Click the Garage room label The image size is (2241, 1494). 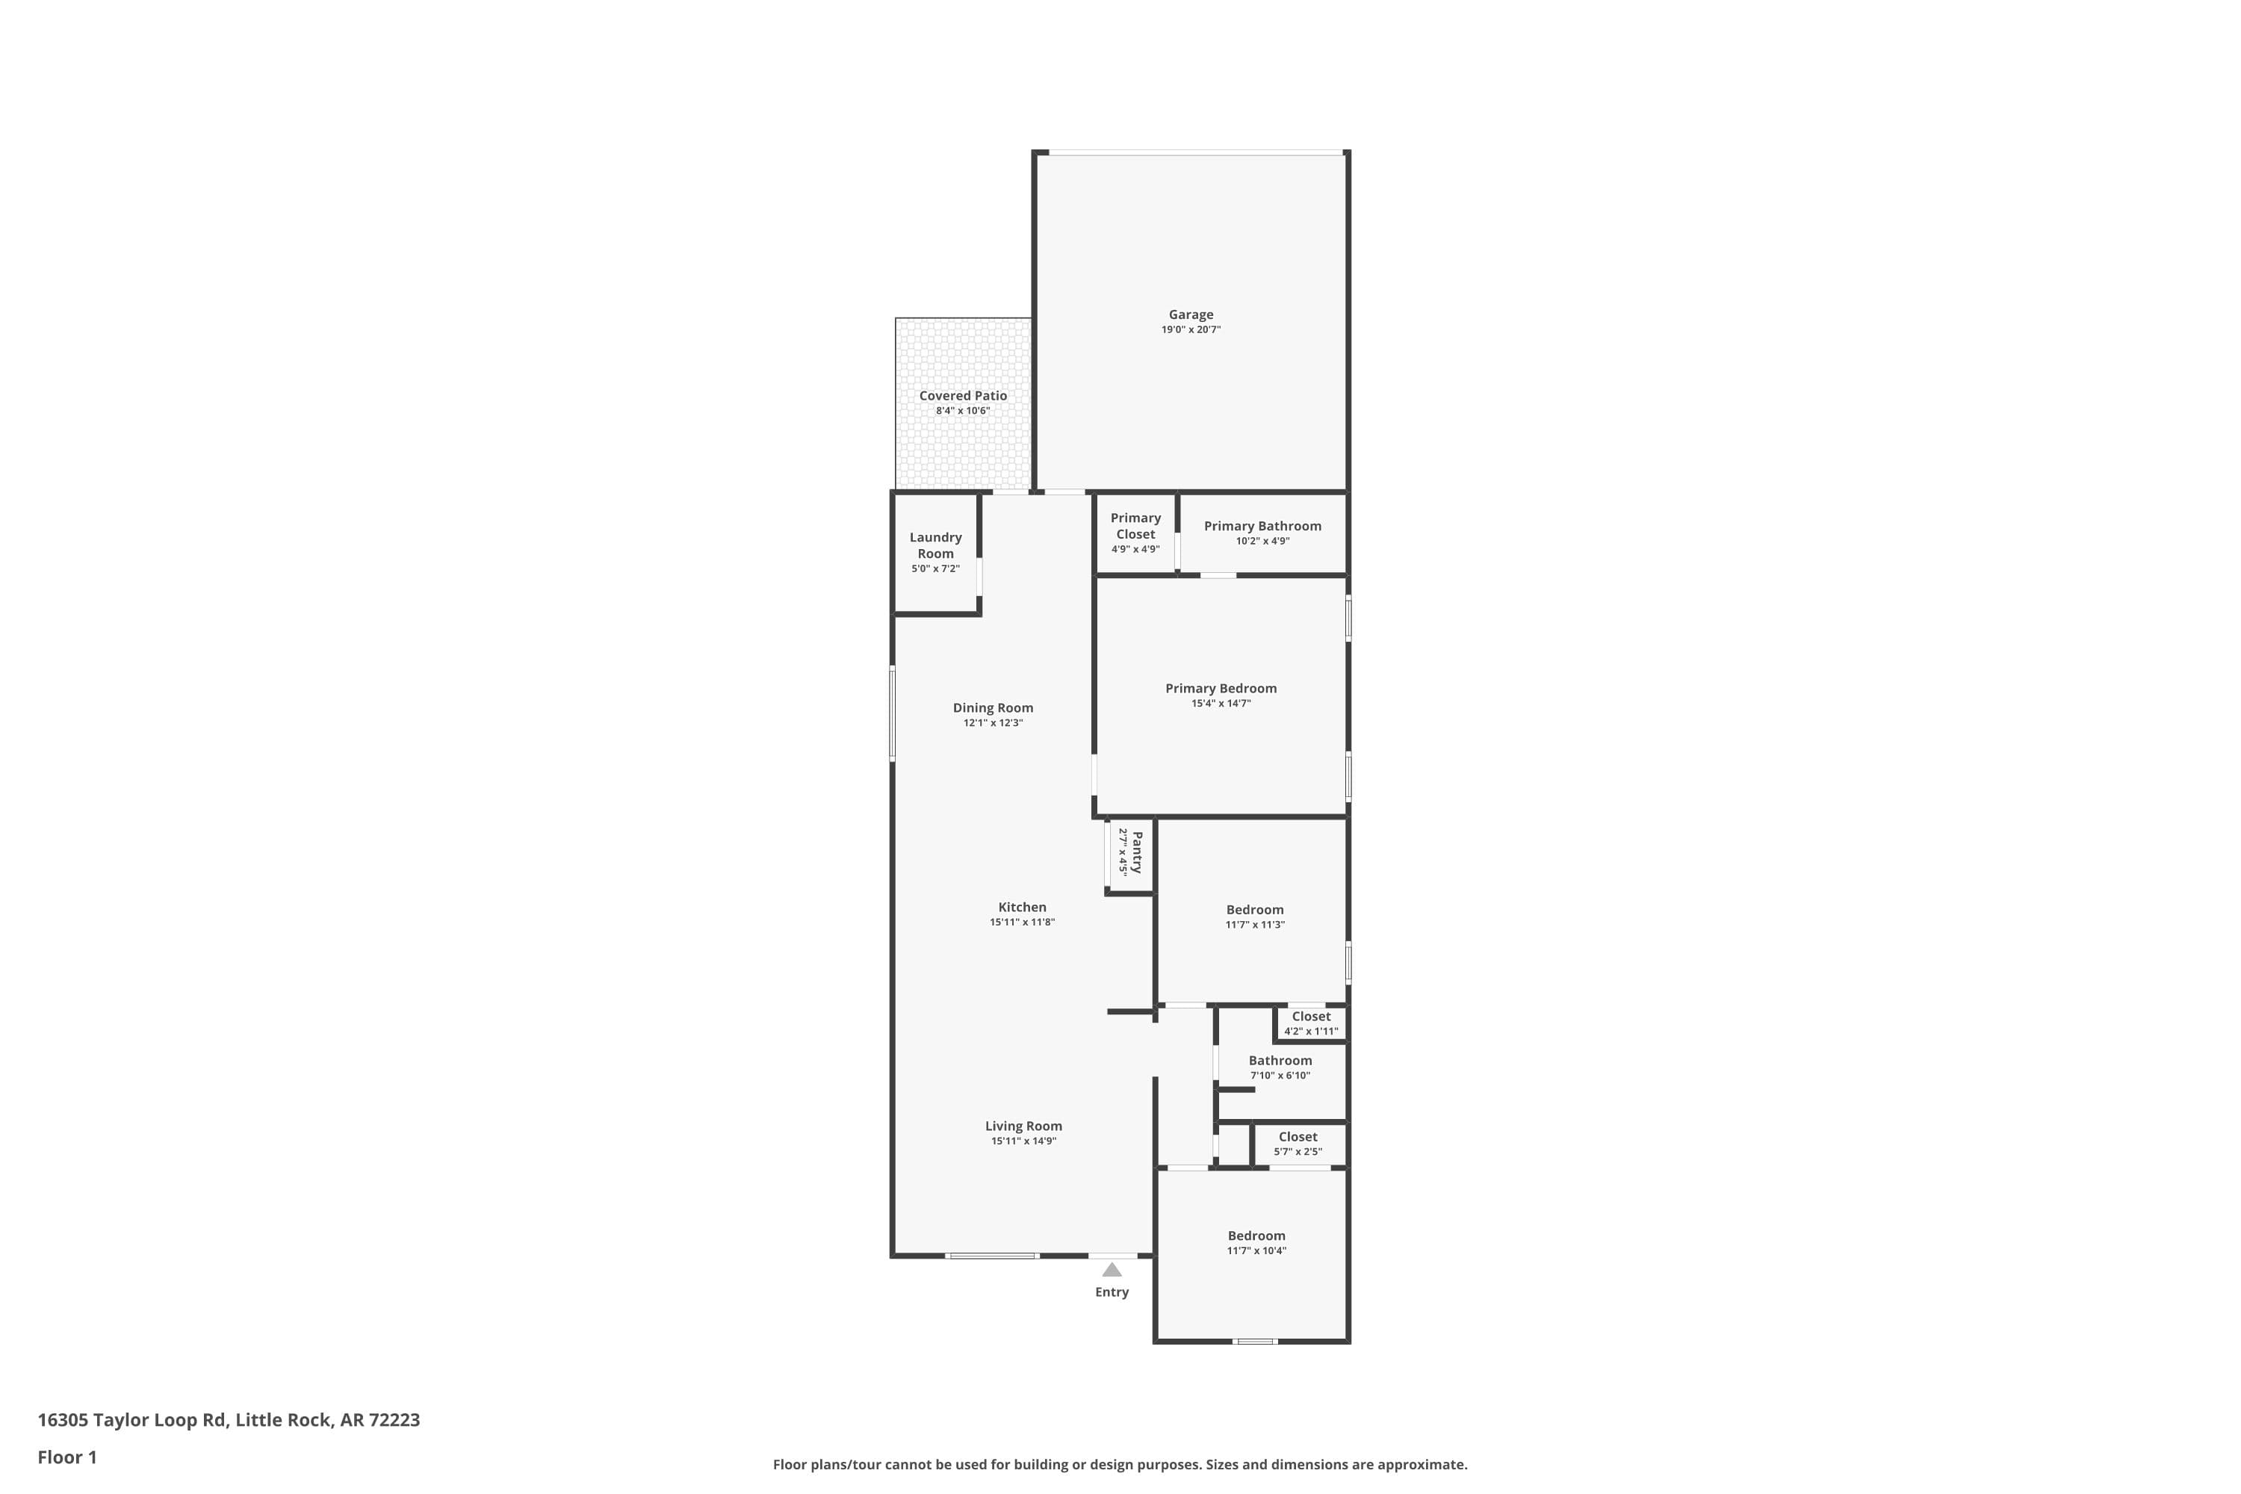[1190, 314]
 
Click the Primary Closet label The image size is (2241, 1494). [1135, 526]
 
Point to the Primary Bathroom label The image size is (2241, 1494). [1262, 526]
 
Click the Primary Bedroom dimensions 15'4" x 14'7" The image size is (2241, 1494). [1220, 703]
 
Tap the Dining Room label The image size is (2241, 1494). [993, 708]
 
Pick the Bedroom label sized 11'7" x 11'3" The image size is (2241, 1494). [1254, 910]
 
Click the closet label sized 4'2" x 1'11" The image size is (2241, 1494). [1310, 1017]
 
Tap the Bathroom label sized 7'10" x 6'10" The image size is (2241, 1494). [1280, 1061]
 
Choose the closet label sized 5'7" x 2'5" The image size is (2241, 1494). [1297, 1137]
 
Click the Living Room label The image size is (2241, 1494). [1023, 1126]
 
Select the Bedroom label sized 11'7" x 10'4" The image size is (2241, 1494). [1256, 1236]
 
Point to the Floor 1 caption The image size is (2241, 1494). [66, 1457]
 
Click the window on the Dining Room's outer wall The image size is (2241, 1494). [893, 713]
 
